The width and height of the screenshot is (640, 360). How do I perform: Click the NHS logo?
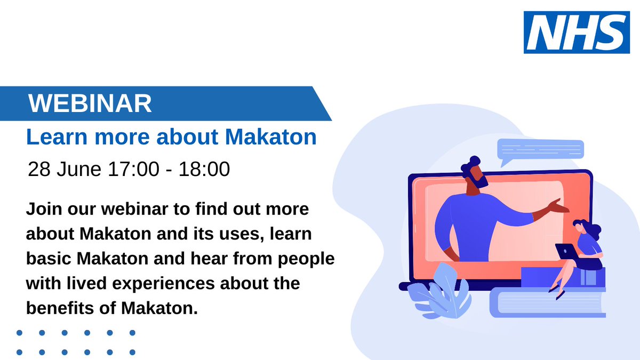[577, 33]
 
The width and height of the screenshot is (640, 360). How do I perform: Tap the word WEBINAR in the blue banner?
[90, 103]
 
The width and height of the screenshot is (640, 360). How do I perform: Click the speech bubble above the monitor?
[540, 150]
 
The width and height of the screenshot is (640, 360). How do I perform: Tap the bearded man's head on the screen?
[473, 173]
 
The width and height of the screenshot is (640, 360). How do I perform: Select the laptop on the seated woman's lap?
[565, 251]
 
